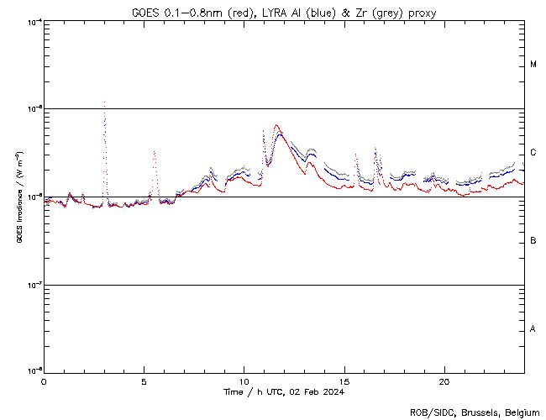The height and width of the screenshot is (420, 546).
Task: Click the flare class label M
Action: (x=533, y=65)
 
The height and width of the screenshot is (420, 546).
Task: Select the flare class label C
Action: (x=533, y=152)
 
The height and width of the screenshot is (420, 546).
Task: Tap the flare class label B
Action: (x=533, y=241)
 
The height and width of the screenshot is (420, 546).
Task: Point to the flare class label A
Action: (x=533, y=328)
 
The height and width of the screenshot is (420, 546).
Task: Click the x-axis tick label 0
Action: (x=44, y=381)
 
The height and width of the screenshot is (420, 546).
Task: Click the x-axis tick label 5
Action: (x=144, y=381)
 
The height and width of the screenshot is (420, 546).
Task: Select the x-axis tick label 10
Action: (x=244, y=381)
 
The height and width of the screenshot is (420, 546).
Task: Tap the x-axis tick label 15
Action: (x=344, y=381)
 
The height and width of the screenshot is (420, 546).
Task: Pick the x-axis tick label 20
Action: (x=444, y=381)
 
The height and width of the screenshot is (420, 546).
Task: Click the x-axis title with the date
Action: (x=284, y=391)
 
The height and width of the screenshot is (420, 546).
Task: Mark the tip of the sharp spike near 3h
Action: (x=104, y=102)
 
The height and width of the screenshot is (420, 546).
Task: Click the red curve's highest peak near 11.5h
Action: (x=276, y=125)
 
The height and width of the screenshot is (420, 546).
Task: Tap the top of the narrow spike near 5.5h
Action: (x=154, y=151)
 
